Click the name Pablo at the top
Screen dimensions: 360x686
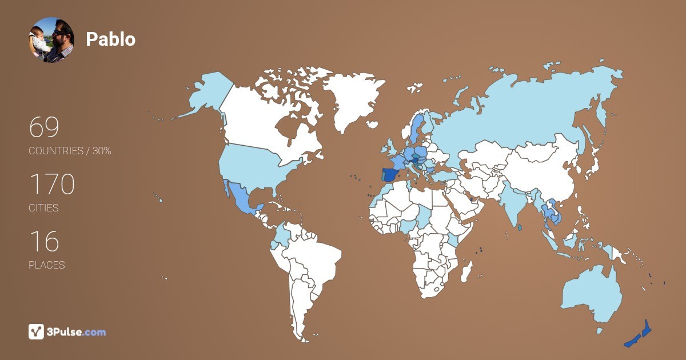point(110,39)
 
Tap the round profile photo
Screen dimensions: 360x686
point(51,40)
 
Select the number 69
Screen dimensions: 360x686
point(44,127)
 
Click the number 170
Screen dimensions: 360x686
point(52,185)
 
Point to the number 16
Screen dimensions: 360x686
point(44,242)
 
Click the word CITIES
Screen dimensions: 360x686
point(43,208)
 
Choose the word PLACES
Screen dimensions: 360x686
point(46,265)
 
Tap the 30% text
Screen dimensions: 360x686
point(101,151)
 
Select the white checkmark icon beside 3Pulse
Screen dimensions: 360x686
point(37,332)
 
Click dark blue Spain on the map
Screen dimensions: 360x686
point(390,174)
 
